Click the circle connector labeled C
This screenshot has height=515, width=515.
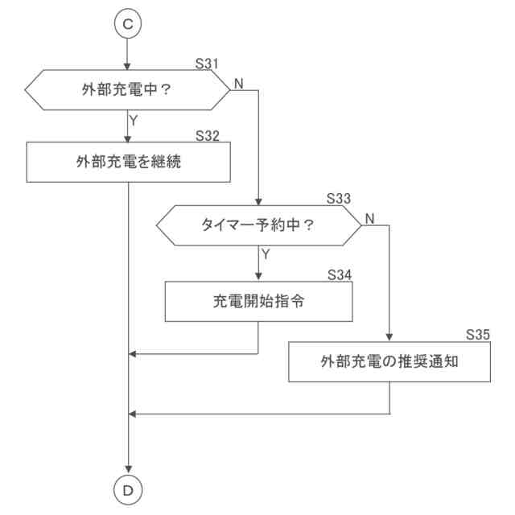128,24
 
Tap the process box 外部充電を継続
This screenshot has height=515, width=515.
129,162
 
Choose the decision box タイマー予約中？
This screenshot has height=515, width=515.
258,225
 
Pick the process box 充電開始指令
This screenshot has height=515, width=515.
258,302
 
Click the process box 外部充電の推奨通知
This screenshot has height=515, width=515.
389,361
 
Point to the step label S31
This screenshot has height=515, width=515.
208,63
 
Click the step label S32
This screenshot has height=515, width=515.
208,135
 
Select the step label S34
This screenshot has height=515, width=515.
340,274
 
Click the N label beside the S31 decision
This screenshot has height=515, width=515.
239,82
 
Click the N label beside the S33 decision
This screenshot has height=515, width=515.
369,218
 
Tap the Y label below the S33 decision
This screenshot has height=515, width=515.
264,255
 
